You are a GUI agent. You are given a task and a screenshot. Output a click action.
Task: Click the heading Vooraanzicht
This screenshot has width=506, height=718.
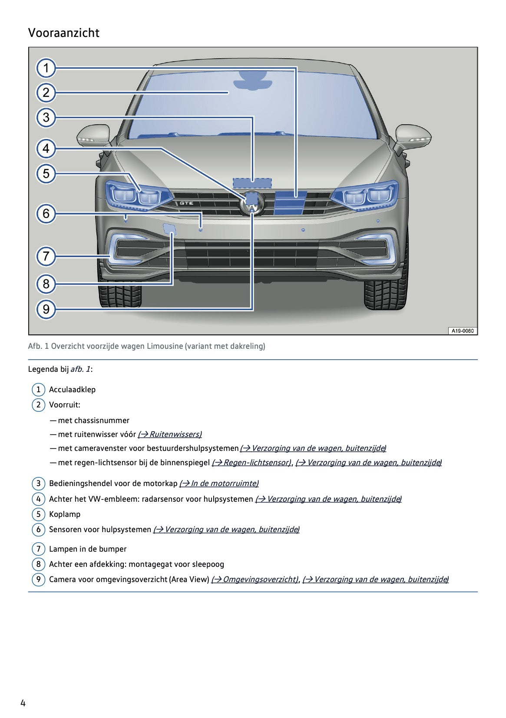(64, 33)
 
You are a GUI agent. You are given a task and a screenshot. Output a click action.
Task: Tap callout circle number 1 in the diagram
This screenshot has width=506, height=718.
(46, 68)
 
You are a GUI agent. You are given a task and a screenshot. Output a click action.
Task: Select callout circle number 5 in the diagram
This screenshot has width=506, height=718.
(46, 174)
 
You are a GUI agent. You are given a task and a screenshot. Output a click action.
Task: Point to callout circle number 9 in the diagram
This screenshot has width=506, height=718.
(46, 309)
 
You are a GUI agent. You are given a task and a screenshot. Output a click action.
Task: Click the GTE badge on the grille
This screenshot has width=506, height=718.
(186, 203)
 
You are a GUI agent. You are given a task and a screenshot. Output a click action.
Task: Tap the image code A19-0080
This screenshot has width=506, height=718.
(462, 331)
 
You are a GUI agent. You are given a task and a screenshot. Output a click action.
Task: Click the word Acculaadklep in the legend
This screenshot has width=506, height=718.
(72, 390)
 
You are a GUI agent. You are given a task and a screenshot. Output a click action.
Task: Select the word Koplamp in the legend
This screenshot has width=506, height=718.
(65, 514)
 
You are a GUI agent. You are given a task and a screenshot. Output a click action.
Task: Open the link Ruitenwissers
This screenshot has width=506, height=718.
(170, 434)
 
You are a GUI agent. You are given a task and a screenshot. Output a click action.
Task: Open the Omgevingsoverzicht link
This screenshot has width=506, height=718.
(255, 579)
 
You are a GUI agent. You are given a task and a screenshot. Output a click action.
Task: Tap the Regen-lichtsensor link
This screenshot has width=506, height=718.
(251, 463)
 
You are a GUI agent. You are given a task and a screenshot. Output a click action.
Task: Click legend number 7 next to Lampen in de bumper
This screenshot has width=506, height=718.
(38, 549)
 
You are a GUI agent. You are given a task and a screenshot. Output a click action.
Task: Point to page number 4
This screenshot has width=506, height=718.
(23, 703)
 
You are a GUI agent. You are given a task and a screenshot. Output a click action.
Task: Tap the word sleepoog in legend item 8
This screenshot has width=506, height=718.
(208, 564)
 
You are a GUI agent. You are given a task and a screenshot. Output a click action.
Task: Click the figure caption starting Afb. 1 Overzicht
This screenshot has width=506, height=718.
(146, 346)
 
